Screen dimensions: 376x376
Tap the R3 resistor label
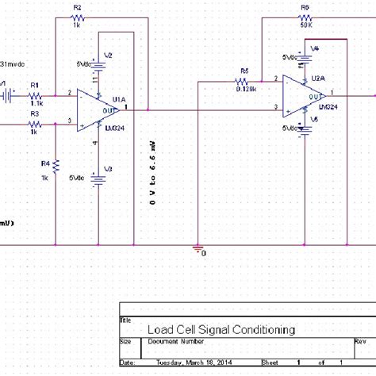pos(35,113)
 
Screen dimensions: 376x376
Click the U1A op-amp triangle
pos(97,109)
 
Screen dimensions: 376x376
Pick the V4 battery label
pos(315,48)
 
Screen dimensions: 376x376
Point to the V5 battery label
pos(315,119)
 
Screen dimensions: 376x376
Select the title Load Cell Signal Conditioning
pos(221,329)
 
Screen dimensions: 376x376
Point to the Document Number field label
pos(176,342)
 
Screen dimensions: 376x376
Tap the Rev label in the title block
pos(359,342)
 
